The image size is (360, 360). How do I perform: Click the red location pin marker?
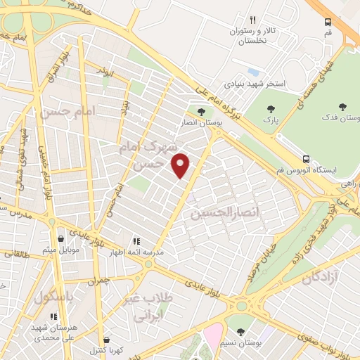[181, 166]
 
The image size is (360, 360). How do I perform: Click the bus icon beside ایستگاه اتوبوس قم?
[306, 159]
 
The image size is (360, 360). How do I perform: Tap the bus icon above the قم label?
[328, 22]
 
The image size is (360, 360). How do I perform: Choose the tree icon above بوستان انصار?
[202, 111]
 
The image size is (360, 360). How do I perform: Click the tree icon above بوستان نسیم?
[240, 331]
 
